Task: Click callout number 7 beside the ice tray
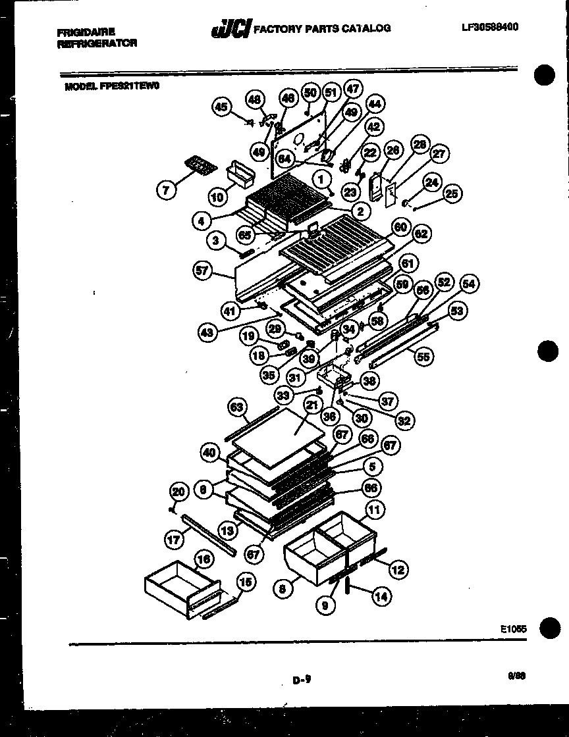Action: pyautogui.click(x=167, y=190)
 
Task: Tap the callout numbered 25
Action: pyautogui.click(x=452, y=193)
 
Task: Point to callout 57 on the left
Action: pyautogui.click(x=204, y=270)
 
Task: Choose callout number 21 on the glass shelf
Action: pyautogui.click(x=312, y=407)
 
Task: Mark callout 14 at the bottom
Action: pyautogui.click(x=381, y=597)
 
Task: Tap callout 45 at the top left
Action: pyautogui.click(x=222, y=107)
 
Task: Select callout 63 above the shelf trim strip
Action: pyautogui.click(x=238, y=407)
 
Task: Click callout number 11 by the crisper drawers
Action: pyautogui.click(x=374, y=509)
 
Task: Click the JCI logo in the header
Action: pyautogui.click(x=230, y=29)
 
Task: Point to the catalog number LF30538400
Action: pyautogui.click(x=490, y=27)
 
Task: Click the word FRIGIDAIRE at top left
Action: pyautogui.click(x=86, y=32)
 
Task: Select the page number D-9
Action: pyautogui.click(x=302, y=682)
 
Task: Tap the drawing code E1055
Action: pyautogui.click(x=513, y=629)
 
